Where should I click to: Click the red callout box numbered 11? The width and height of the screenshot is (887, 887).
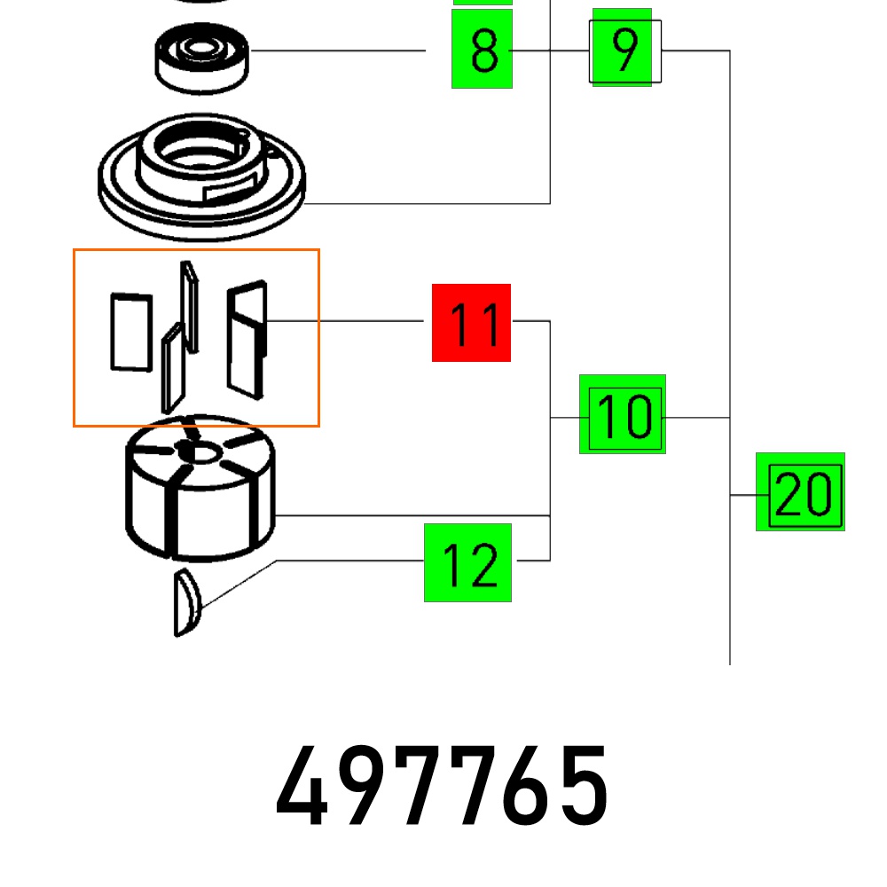click(471, 323)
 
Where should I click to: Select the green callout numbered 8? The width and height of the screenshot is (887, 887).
click(483, 50)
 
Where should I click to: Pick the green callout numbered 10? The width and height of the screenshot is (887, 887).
click(623, 414)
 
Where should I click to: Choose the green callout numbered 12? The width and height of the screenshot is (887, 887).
click(467, 562)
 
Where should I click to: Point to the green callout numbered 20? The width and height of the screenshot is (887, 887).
click(800, 492)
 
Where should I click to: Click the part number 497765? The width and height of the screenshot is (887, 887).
click(443, 786)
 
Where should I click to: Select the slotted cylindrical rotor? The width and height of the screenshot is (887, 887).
click(200, 497)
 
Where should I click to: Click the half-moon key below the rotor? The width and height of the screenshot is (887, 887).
click(186, 603)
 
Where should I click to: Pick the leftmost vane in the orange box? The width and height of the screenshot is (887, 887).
click(130, 332)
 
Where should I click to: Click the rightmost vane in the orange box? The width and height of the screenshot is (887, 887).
click(247, 337)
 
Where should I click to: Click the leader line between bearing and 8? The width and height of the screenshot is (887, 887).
click(337, 51)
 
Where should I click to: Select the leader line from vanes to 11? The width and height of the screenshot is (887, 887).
click(346, 320)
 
